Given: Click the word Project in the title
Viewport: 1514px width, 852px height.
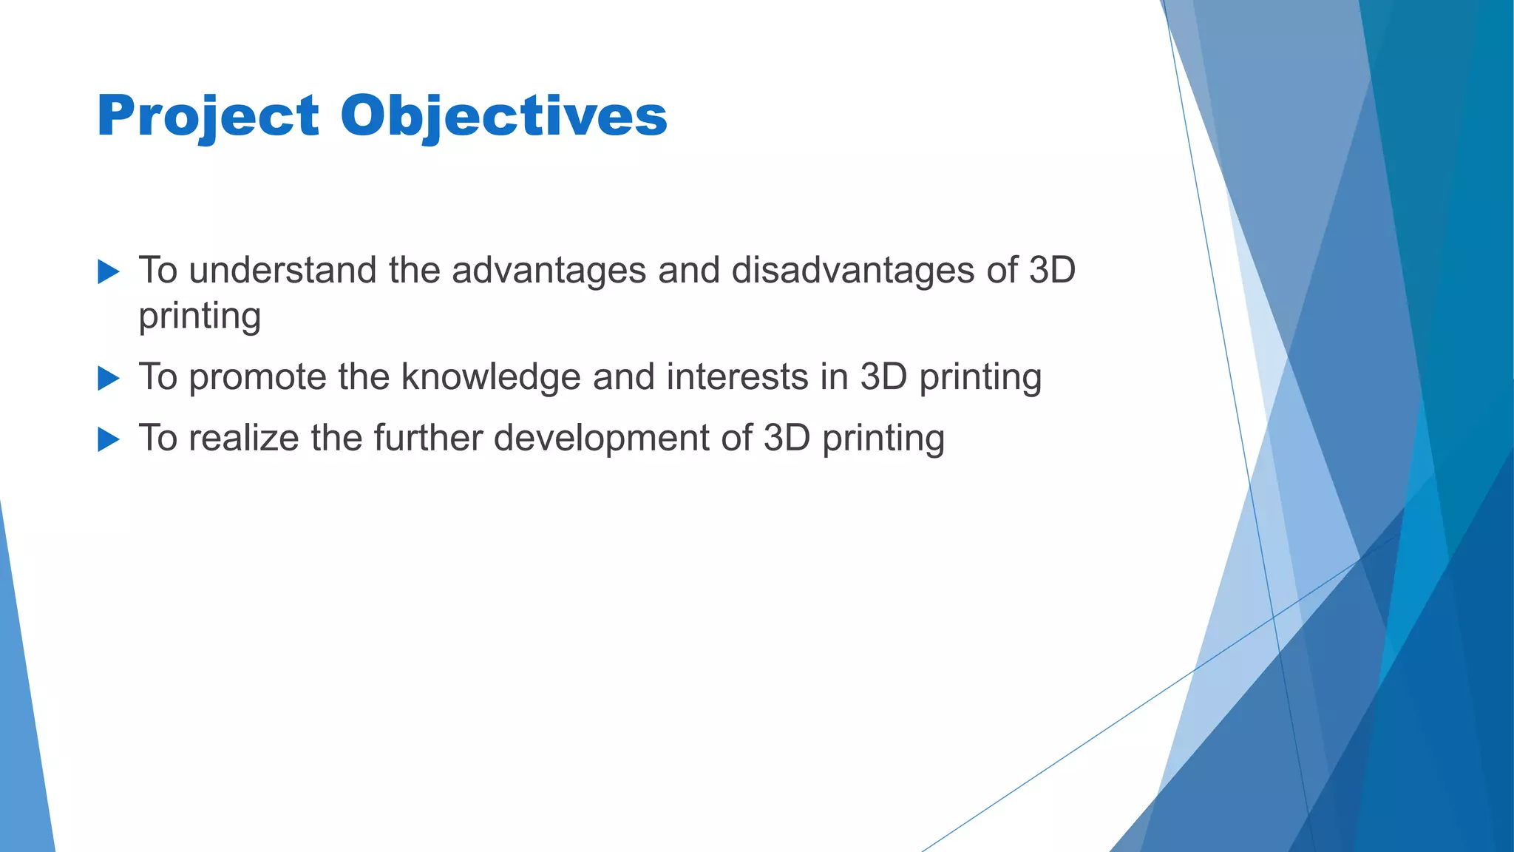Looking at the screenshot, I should coord(208,117).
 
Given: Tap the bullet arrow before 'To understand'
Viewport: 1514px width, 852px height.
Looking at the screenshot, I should coord(108,271).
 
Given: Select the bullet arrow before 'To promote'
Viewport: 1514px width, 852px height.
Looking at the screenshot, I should coord(108,379).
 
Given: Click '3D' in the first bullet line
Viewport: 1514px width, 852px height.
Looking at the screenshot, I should coord(1052,270).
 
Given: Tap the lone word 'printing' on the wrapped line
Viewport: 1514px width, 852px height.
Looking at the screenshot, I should coord(200,317).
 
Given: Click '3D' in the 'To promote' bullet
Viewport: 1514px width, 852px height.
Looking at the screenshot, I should coord(883,376).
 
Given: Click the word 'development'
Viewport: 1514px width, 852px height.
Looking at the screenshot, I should coord(602,438).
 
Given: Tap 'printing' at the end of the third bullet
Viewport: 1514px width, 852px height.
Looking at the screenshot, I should coord(883,439).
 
